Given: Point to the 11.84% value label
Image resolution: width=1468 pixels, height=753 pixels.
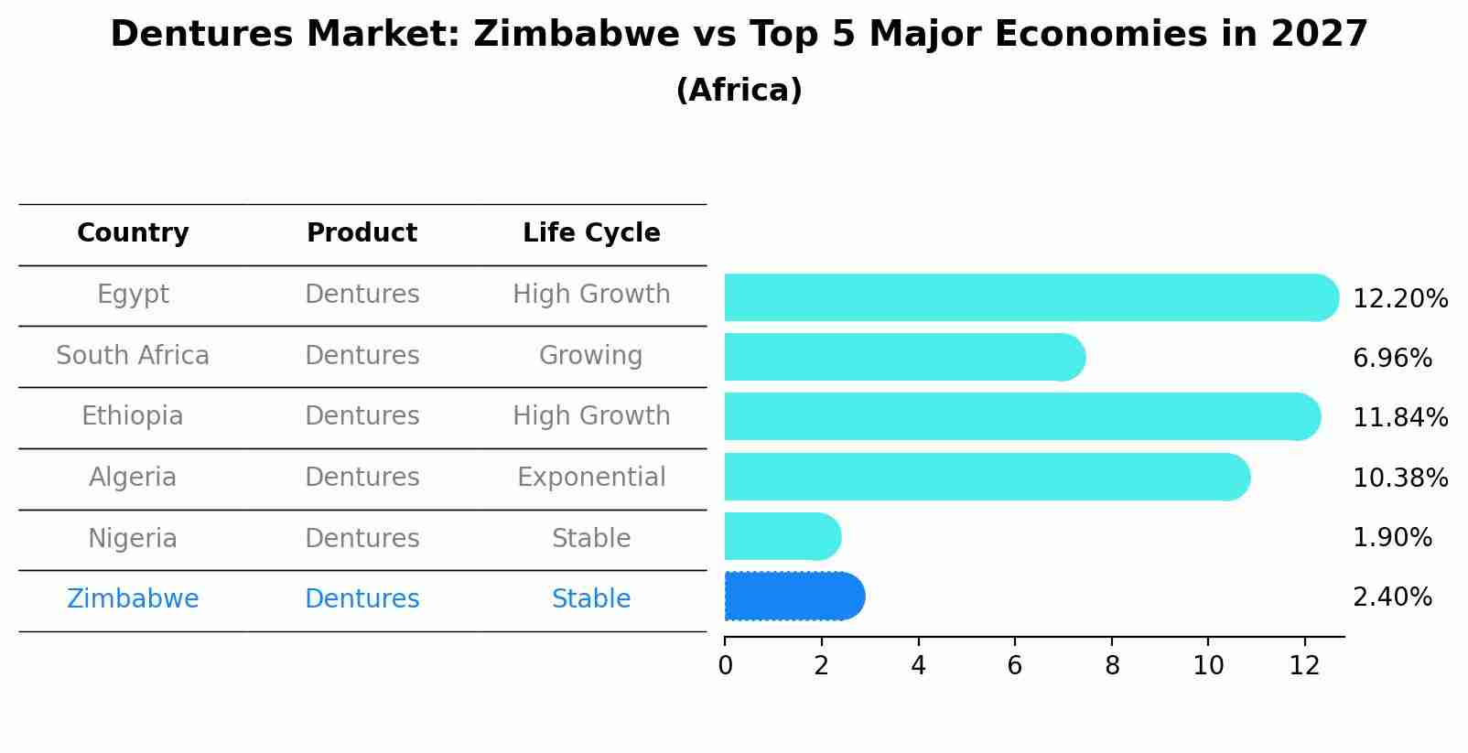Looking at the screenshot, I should [1399, 418].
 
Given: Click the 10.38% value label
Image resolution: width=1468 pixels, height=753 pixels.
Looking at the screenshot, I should [1399, 479].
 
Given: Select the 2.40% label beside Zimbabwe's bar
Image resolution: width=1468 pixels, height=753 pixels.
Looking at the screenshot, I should [1391, 597].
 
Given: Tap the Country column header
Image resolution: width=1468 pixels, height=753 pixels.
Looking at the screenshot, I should [133, 233].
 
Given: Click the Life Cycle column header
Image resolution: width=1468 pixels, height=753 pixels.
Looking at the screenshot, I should [591, 233].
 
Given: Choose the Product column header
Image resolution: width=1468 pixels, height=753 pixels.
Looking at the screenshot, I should [362, 233].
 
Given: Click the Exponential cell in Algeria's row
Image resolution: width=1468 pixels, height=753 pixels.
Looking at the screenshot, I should [591, 478].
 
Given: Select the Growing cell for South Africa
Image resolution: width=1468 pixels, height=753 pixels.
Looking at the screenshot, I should [590, 356].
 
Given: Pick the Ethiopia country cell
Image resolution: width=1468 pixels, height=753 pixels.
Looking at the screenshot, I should [133, 416].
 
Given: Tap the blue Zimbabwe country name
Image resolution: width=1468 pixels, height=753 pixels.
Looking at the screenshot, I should [133, 599].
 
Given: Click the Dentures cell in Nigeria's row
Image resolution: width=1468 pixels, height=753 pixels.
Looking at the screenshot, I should [362, 539].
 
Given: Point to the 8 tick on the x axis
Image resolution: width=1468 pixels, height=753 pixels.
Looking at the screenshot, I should [1112, 666].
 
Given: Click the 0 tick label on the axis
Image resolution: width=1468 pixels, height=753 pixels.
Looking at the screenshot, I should [725, 666].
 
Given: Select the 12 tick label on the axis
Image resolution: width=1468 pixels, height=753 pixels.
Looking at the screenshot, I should [1304, 666].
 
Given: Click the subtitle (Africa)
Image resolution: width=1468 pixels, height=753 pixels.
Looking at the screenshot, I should [739, 91].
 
